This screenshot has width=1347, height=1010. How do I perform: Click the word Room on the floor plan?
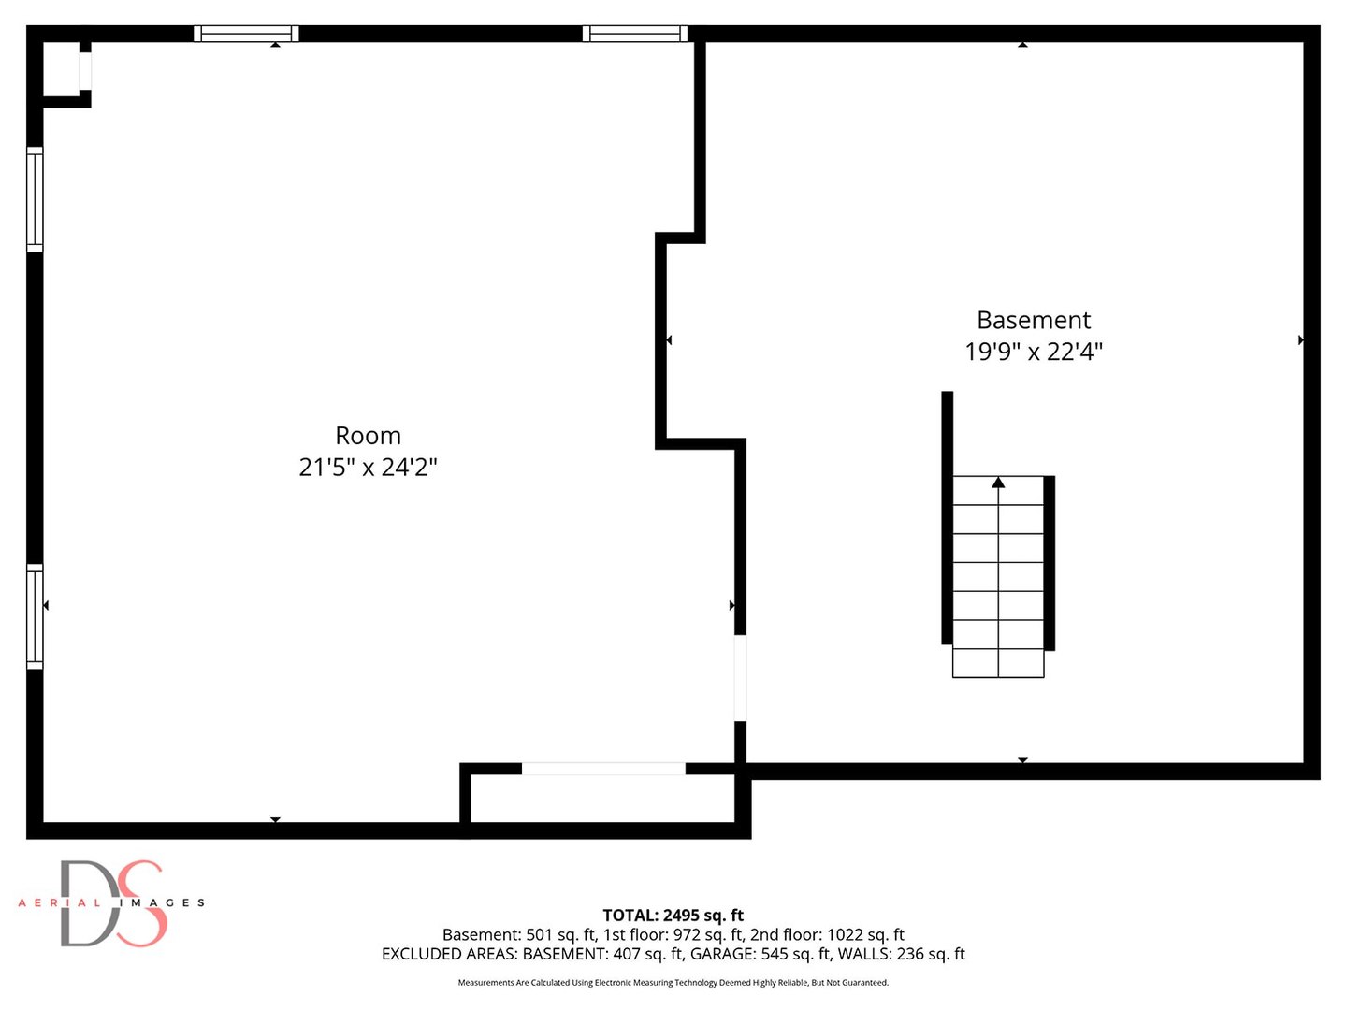tap(368, 436)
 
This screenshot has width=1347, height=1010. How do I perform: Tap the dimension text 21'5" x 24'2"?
tap(368, 468)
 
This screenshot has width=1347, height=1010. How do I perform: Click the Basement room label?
tap(1034, 320)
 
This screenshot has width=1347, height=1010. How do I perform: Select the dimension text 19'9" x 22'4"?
tap(1034, 352)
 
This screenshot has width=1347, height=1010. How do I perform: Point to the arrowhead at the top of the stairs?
tap(998, 483)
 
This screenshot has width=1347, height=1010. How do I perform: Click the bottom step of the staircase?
tap(998, 663)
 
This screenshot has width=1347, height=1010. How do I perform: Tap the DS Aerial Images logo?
tap(111, 903)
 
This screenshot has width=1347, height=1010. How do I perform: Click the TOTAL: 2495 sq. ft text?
tap(673, 916)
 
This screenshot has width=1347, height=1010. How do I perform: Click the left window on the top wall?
tap(246, 34)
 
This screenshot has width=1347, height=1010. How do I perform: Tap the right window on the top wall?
tap(635, 34)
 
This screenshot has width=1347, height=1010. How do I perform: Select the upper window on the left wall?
tap(35, 199)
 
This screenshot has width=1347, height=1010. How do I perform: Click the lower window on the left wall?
tap(35, 616)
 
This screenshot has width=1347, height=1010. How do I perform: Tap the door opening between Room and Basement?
tap(741, 678)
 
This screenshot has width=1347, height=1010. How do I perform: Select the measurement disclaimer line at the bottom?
tap(673, 982)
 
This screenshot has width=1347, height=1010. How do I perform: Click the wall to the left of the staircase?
tap(947, 518)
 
